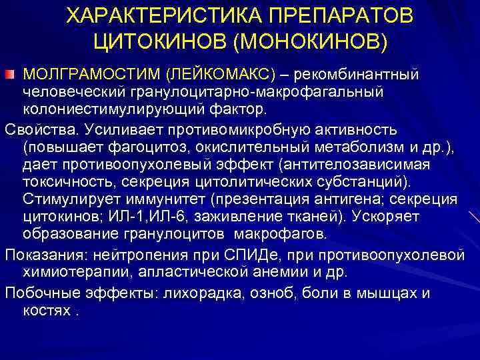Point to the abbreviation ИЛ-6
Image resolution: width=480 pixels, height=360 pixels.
pyautogui.click(x=187, y=217)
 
